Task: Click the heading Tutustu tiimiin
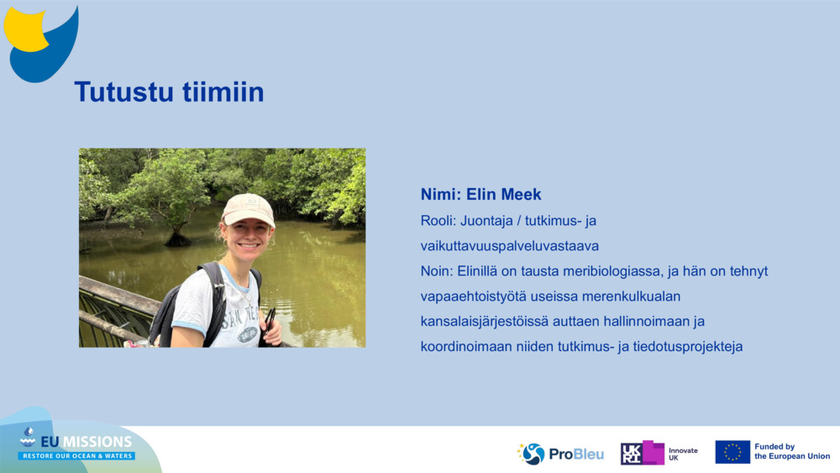pyautogui.click(x=169, y=92)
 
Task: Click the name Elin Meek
pyautogui.click(x=504, y=195)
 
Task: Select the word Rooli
pyautogui.click(x=437, y=221)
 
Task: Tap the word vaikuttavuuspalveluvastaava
pyautogui.click(x=509, y=246)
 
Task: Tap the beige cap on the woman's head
pyautogui.click(x=249, y=208)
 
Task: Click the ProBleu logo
pyautogui.click(x=560, y=454)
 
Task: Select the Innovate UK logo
pyautogui.click(x=659, y=453)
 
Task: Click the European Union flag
pyautogui.click(x=732, y=452)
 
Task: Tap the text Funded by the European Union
pyautogui.click(x=791, y=452)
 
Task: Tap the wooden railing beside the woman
pyautogui.click(x=118, y=302)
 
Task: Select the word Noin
pyautogui.click(x=436, y=271)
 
